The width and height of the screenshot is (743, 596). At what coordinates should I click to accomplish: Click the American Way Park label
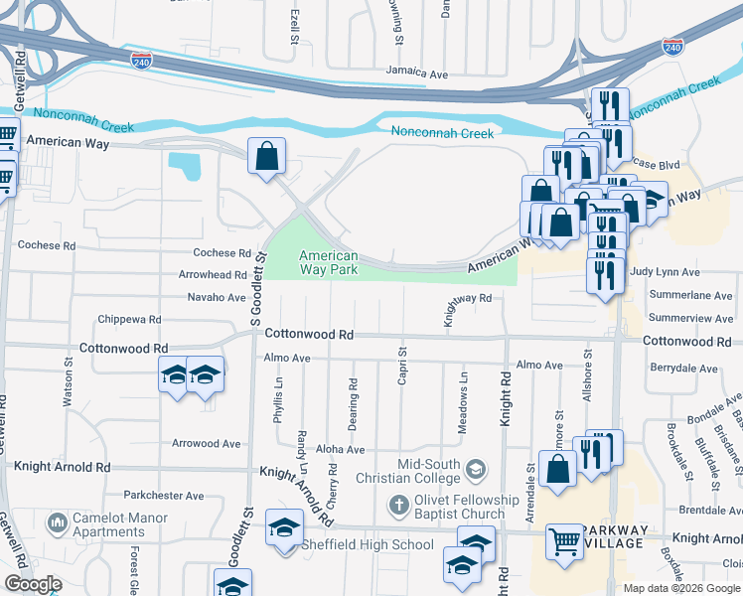coord(329,262)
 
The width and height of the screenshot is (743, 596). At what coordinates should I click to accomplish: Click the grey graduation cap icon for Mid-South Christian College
coord(476,467)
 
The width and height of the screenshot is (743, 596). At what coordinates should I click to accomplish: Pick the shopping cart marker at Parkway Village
coord(564,542)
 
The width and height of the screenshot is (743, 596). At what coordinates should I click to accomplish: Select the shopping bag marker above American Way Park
coord(266,156)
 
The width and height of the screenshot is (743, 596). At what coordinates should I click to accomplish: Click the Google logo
coord(33,584)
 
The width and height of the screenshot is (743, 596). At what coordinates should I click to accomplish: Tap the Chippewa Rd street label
coord(129,320)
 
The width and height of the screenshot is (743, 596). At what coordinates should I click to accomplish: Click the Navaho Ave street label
coord(217,297)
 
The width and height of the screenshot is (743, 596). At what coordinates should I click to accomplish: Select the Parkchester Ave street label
coord(164,495)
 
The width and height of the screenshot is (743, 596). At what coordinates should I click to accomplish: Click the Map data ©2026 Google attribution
coord(681,588)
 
